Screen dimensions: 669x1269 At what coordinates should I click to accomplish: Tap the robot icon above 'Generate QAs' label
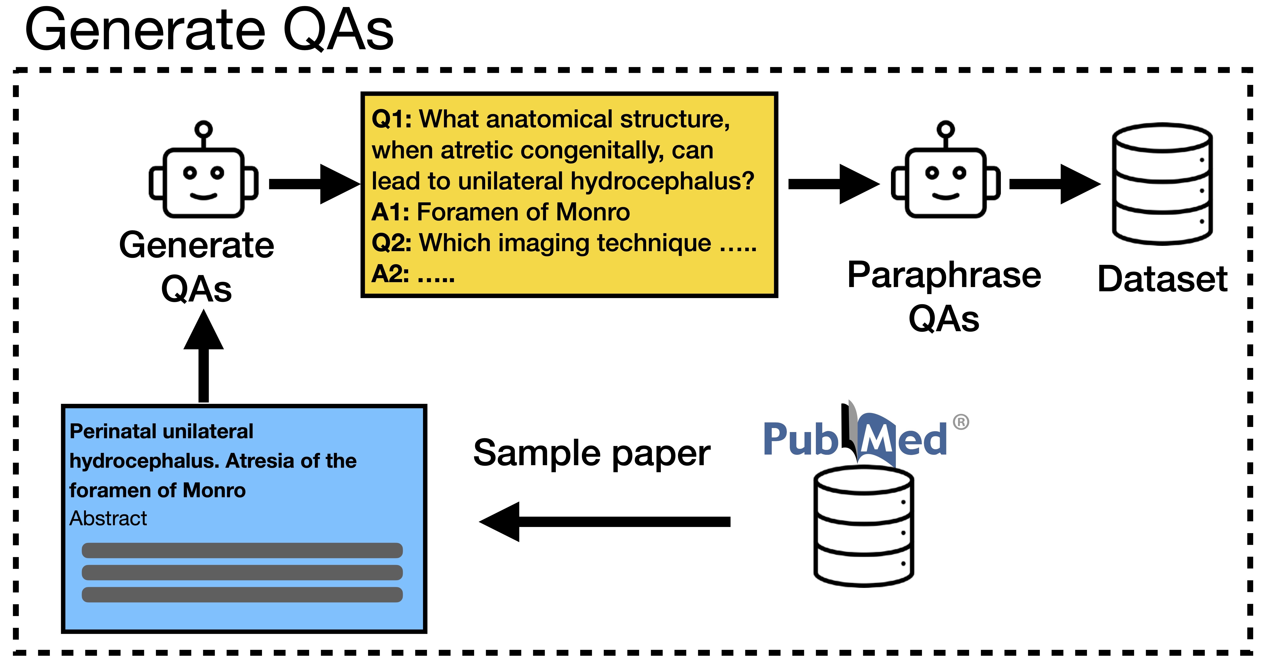[203, 173]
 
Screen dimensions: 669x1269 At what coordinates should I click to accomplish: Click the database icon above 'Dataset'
[1162, 184]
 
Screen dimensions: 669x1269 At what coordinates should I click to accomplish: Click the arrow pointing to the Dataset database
[1054, 184]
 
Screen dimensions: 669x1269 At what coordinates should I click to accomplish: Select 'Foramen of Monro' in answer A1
[523, 212]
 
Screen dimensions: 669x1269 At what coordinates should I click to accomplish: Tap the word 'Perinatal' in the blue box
[111, 431]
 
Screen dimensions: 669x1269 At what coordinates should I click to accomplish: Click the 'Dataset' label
[1162, 279]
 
